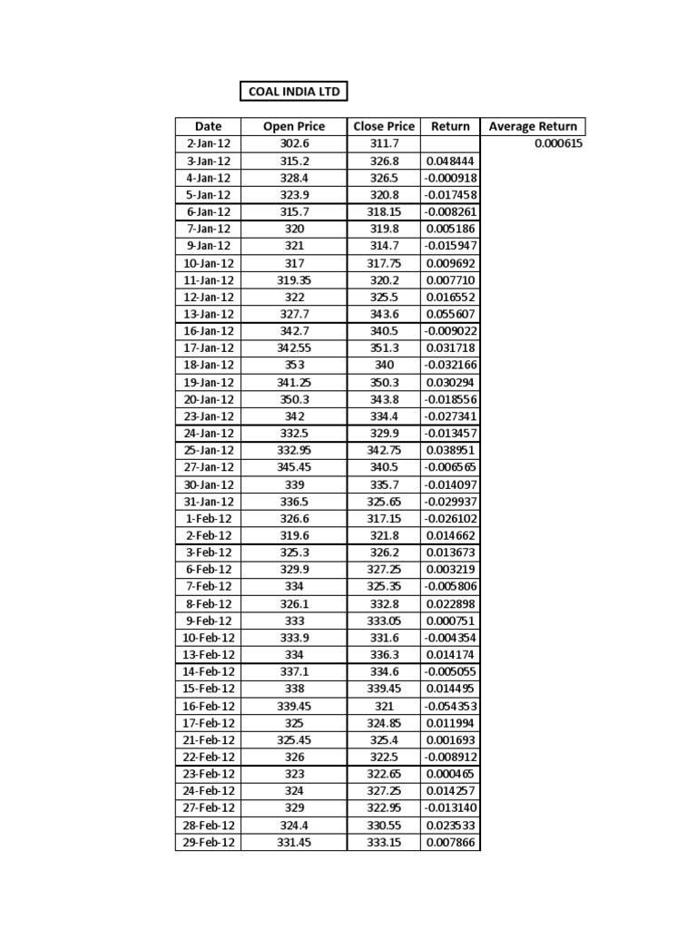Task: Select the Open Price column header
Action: point(293,127)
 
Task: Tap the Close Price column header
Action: point(384,127)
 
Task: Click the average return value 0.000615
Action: point(558,143)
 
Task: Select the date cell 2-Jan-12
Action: point(209,143)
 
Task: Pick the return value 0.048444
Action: point(450,161)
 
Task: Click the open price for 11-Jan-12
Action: point(293,280)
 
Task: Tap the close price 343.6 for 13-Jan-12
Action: point(384,314)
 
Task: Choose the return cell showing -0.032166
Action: point(450,365)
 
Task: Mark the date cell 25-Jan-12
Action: point(209,450)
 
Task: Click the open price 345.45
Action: point(293,467)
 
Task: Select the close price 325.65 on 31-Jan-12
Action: point(384,501)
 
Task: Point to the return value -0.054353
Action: point(450,706)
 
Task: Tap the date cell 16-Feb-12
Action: point(209,706)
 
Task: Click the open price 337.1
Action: point(293,671)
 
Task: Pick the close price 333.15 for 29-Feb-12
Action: point(384,843)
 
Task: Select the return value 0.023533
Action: point(450,826)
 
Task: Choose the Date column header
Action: point(209,127)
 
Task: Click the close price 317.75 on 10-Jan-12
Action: point(384,263)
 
